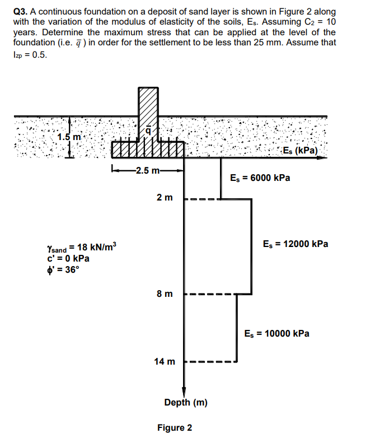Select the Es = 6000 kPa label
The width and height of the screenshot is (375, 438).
(x=260, y=178)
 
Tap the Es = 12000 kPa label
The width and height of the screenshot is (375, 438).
(x=295, y=244)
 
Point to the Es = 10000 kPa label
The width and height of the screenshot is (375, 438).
(x=277, y=333)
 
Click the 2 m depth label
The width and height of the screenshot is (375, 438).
(x=165, y=198)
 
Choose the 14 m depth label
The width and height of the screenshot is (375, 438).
(x=165, y=362)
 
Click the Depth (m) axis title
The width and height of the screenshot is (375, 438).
(x=186, y=403)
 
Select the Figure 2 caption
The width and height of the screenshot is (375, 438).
(x=175, y=428)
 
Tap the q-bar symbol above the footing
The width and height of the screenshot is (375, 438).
(x=148, y=131)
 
